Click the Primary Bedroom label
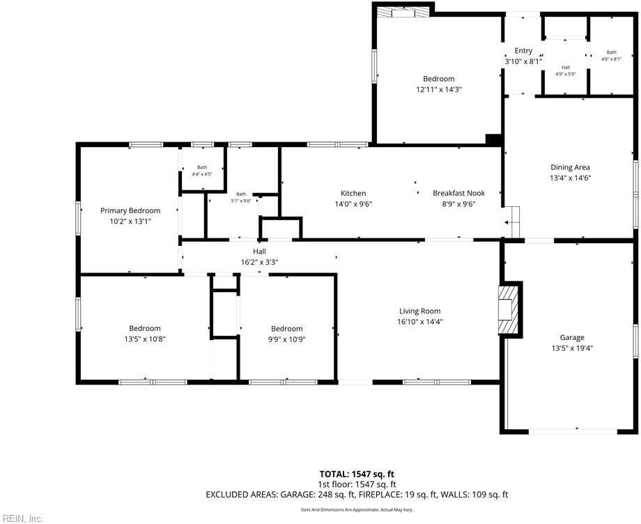(x=130, y=210)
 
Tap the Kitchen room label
(x=353, y=193)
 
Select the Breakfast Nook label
(x=458, y=193)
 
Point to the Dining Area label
(x=571, y=167)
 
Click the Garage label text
(x=572, y=338)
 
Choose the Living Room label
(x=419, y=311)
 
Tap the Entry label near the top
(x=523, y=51)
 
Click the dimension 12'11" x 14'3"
(x=438, y=89)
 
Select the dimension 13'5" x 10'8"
(x=145, y=339)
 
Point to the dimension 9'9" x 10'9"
(x=287, y=339)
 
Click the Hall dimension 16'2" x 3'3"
(x=259, y=262)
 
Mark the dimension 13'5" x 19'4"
(x=572, y=348)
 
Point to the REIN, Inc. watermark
(x=22, y=518)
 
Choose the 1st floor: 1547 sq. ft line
(x=357, y=484)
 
